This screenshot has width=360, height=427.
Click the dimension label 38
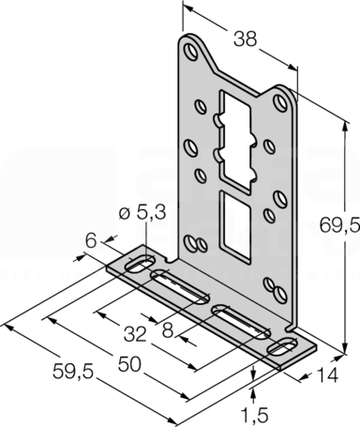click(245, 39)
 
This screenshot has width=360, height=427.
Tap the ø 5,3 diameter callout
click(142, 213)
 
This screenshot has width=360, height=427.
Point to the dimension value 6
click(91, 241)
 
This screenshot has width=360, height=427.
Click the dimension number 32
click(135, 334)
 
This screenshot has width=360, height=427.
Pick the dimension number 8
click(168, 330)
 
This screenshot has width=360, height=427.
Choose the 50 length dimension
click(129, 364)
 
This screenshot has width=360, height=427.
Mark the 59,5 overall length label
click(73, 372)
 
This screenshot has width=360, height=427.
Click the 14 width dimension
click(327, 374)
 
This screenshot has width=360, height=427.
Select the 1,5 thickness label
click(255, 415)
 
